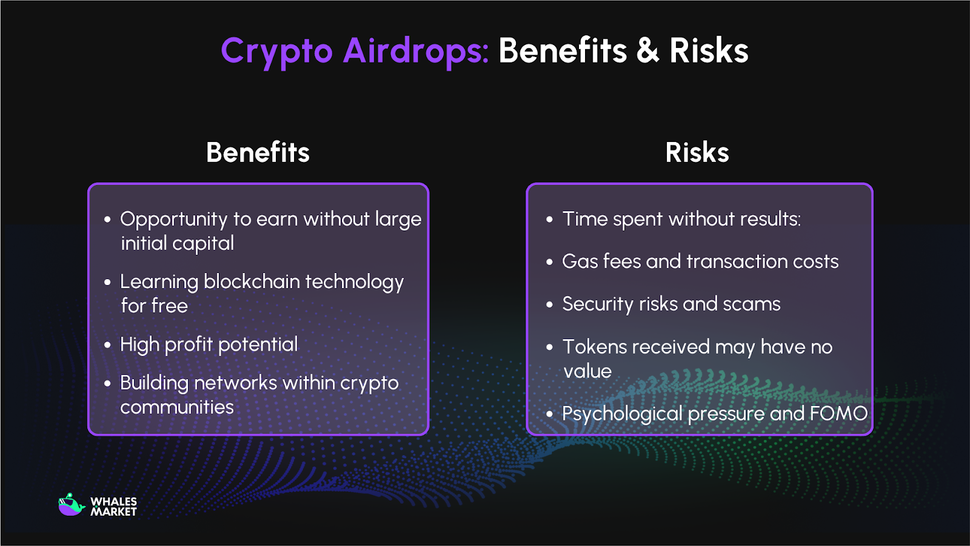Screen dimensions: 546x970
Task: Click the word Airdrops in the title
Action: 415,51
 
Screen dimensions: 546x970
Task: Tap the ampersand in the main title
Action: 647,51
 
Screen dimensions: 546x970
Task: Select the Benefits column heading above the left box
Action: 258,152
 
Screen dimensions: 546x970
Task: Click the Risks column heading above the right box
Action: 697,152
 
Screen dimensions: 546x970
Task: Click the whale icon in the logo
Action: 71,505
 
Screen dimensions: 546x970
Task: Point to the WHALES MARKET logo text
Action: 113,507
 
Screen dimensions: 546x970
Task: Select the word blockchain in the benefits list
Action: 252,282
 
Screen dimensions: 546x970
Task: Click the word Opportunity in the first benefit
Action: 173,220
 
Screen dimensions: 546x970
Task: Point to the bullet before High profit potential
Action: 107,345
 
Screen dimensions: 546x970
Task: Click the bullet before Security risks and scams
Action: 549,305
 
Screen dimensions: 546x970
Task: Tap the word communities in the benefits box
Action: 176,407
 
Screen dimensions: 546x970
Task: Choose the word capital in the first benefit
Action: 202,244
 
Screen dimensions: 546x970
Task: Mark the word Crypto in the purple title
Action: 276,51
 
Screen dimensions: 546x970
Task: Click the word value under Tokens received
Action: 587,371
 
